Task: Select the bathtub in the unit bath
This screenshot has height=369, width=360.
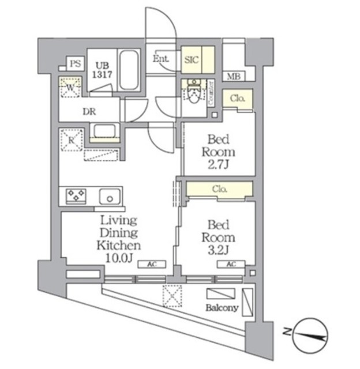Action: [x=130, y=70]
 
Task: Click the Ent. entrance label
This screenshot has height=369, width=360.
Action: [x=161, y=58]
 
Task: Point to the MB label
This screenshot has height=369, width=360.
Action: [x=233, y=76]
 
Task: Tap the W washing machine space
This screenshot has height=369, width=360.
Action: [x=70, y=88]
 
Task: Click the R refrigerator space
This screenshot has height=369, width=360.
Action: [x=72, y=140]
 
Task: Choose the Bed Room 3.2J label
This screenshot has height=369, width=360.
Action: [x=218, y=238]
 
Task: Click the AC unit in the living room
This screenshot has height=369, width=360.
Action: [x=152, y=263]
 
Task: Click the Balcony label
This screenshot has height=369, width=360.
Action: [x=222, y=308]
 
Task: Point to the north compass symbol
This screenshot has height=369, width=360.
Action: [x=311, y=333]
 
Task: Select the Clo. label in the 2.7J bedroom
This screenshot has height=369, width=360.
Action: [x=238, y=99]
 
